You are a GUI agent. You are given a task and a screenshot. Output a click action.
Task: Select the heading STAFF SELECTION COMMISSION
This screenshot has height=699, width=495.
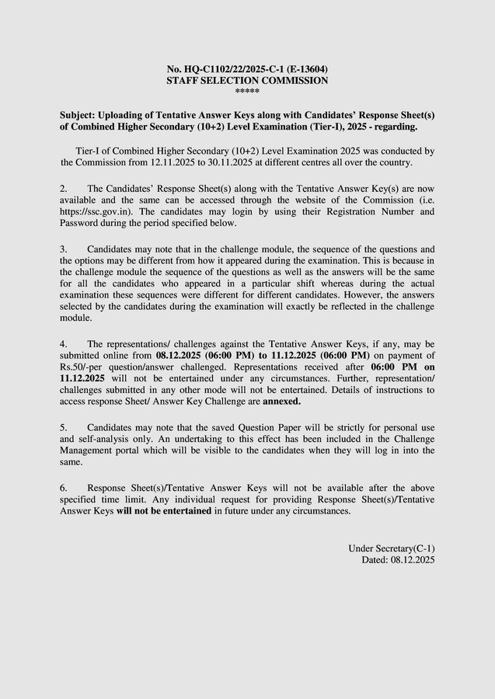coord(247,80)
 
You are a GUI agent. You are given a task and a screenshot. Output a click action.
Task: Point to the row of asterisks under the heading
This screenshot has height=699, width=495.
coord(247,92)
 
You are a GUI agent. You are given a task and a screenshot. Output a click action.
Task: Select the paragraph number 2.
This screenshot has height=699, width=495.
coord(64,189)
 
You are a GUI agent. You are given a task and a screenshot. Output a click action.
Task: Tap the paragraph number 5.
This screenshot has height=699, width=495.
coord(64,427)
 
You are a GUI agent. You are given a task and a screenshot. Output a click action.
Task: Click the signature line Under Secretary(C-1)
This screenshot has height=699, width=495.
coord(392,548)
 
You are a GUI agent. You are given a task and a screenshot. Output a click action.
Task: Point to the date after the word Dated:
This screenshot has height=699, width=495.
coord(410,559)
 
